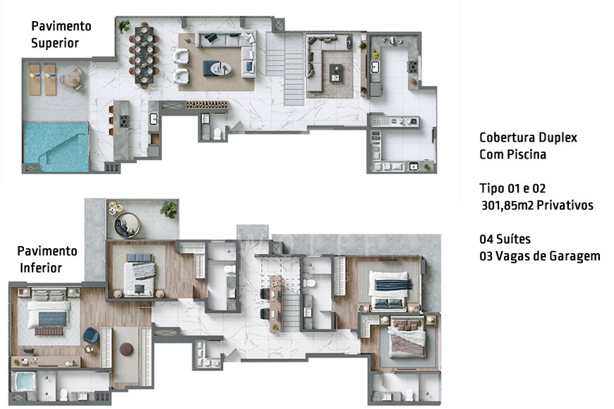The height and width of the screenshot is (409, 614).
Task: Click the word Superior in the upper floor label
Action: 54,43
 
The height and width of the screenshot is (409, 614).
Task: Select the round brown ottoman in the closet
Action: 127,349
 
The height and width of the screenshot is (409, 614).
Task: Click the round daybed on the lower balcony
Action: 129,224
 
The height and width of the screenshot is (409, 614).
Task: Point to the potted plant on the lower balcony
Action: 169,209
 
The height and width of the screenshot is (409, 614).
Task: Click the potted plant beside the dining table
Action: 124,26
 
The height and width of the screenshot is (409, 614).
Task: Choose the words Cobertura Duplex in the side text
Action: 527,138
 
